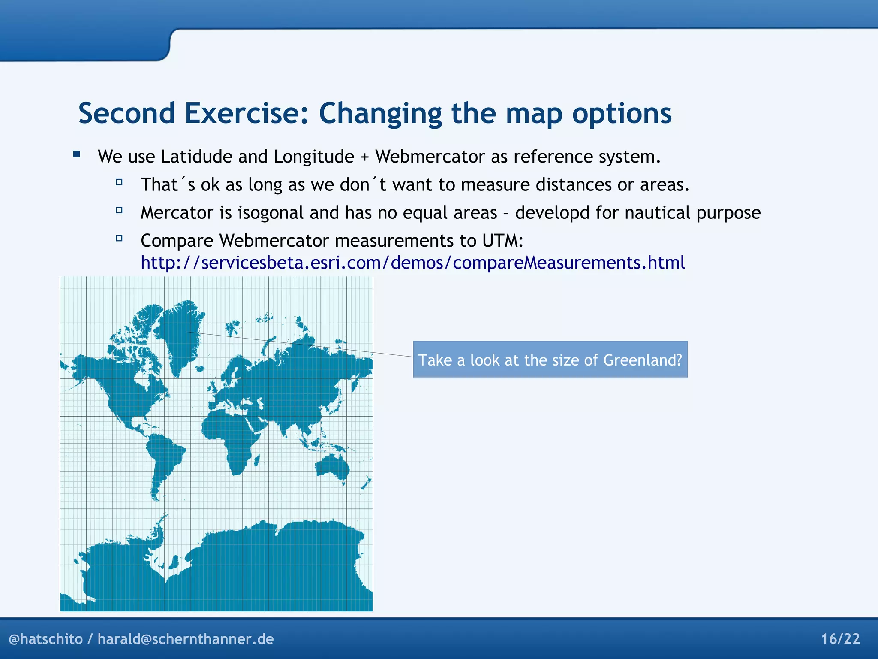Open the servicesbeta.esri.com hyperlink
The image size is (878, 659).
pyautogui.click(x=412, y=263)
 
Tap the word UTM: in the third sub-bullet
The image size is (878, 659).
pyautogui.click(x=502, y=241)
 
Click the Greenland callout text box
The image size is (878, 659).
pyautogui.click(x=550, y=360)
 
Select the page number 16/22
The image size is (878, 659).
pyautogui.click(x=840, y=639)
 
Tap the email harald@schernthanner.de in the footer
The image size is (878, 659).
pyautogui.click(x=185, y=639)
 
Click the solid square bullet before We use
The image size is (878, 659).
pyautogui.click(x=77, y=154)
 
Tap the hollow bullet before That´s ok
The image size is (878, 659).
pyautogui.click(x=119, y=182)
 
